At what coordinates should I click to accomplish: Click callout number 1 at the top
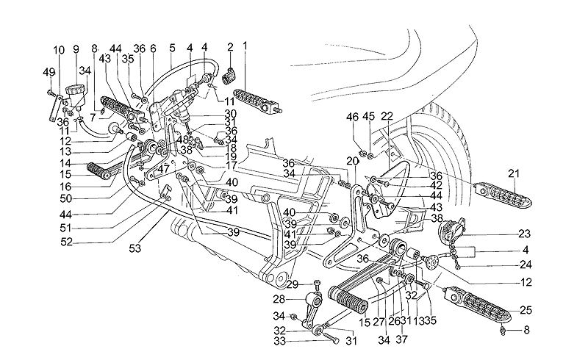pos(245,45)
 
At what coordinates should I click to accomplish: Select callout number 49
pos(49,71)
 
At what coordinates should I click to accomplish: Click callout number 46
pos(354,116)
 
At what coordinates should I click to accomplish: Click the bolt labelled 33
pos(326,340)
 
